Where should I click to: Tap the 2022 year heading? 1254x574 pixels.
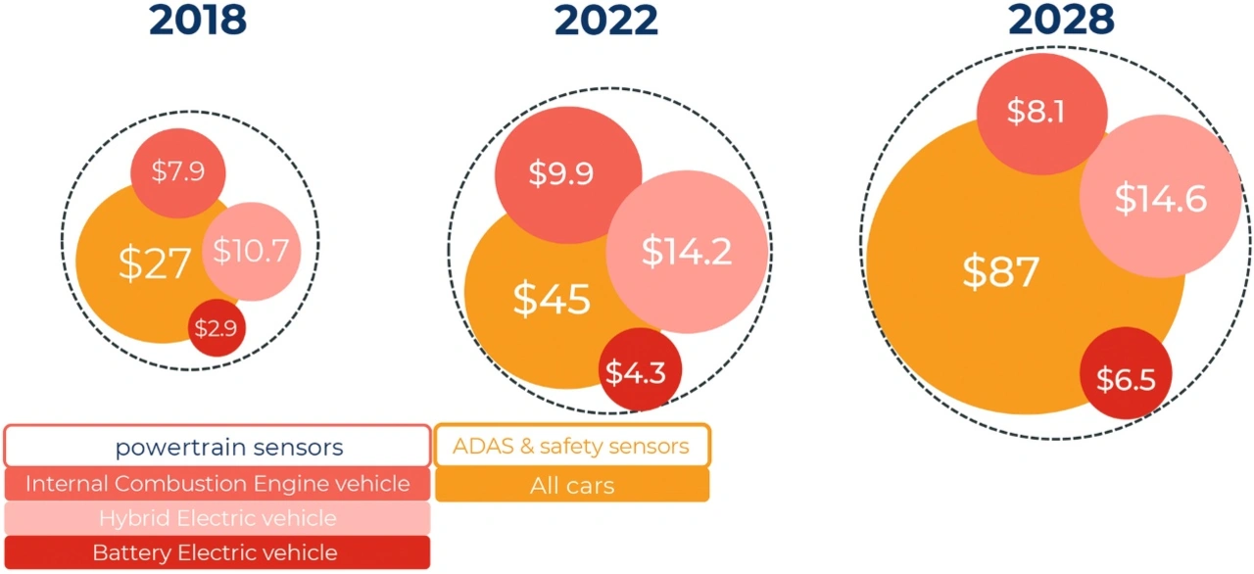pos(605,20)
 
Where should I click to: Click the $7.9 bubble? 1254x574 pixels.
pos(178,172)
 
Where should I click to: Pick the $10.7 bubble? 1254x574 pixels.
pos(251,252)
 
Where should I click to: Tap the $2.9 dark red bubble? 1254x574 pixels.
pos(216,328)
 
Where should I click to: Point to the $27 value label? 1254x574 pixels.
pos(154,264)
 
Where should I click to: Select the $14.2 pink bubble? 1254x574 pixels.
pos(686,252)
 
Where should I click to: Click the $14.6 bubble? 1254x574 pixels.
pos(1160,200)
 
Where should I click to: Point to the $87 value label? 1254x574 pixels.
pos(999,272)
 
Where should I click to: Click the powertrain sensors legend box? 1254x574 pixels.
pos(217,447)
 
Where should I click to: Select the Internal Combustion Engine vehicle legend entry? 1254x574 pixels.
pos(217,484)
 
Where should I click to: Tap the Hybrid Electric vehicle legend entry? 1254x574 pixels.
pos(217,518)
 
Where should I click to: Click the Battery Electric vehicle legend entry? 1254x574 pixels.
pos(217,552)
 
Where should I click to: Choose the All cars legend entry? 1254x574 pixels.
pos(571,485)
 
